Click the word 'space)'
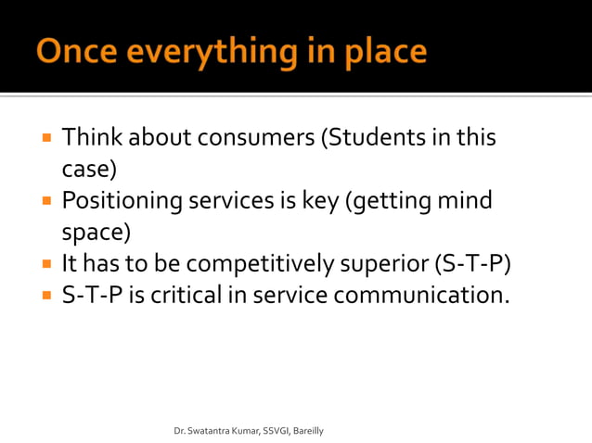[x=95, y=232]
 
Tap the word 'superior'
[x=384, y=263]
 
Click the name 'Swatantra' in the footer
[x=210, y=432]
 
